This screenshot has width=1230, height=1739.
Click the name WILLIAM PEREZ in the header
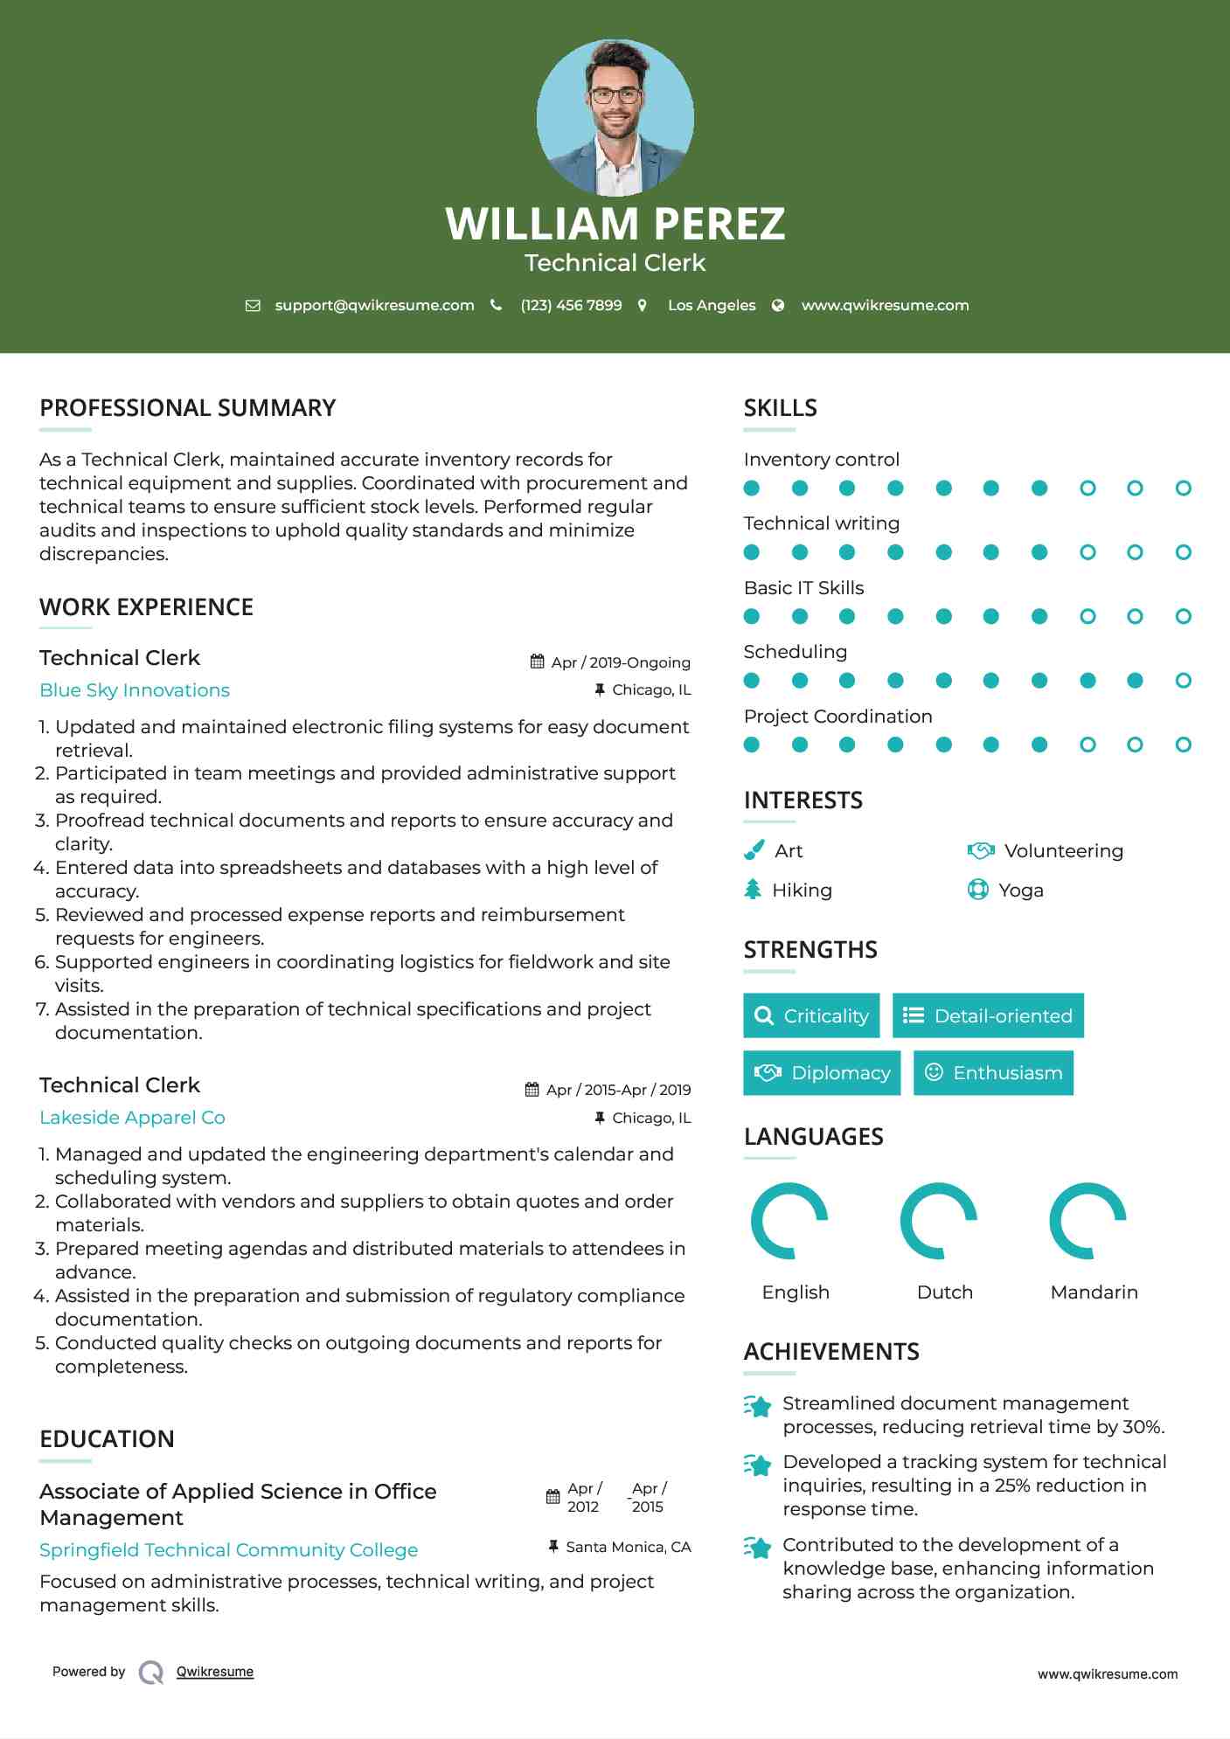[615, 224]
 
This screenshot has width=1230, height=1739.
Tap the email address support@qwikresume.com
[374, 305]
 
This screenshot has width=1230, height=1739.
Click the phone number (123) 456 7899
[571, 305]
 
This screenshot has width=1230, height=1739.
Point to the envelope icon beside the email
[253, 305]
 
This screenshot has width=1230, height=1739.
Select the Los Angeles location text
[711, 305]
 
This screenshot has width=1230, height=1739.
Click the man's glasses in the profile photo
[615, 94]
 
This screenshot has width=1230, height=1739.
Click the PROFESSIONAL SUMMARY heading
[187, 408]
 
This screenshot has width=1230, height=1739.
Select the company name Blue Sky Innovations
[135, 690]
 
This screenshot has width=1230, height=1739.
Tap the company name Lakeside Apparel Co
[132, 1118]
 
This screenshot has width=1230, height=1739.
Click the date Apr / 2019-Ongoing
[620, 662]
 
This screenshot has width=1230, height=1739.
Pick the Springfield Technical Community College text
[228, 1549]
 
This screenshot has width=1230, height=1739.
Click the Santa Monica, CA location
[628, 1547]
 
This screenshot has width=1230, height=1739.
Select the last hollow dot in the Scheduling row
[1183, 681]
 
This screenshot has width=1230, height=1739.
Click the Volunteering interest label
[1063, 851]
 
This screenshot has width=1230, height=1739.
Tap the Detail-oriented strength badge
[988, 1015]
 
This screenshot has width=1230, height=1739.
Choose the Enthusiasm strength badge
[993, 1072]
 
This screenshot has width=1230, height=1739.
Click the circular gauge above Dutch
[939, 1221]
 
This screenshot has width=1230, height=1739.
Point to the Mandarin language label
[1094, 1292]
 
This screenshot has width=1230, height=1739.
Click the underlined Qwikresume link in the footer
[215, 1672]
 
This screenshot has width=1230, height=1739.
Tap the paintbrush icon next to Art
[754, 850]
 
